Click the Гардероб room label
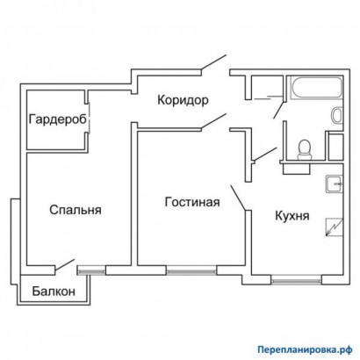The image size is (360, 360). click(57, 119)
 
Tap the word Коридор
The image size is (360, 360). click(183, 100)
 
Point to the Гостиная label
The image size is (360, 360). click(191, 203)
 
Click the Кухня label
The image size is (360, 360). click(291, 215)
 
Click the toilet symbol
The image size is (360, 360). click(305, 149)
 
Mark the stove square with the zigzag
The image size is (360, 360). click(333, 226)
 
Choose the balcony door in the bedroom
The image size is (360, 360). click(64, 265)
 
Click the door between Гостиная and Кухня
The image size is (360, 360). click(237, 198)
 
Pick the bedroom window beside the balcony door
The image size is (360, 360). click(91, 270)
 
